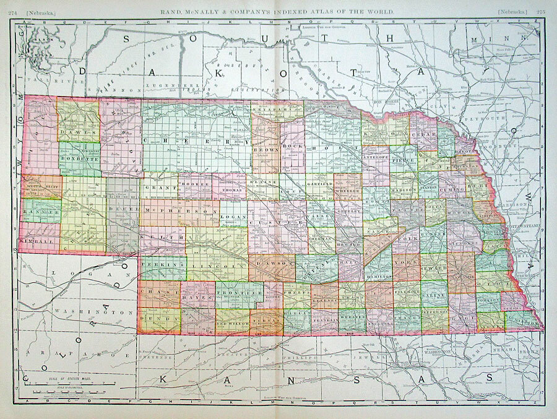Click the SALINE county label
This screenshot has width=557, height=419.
point(434,296)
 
